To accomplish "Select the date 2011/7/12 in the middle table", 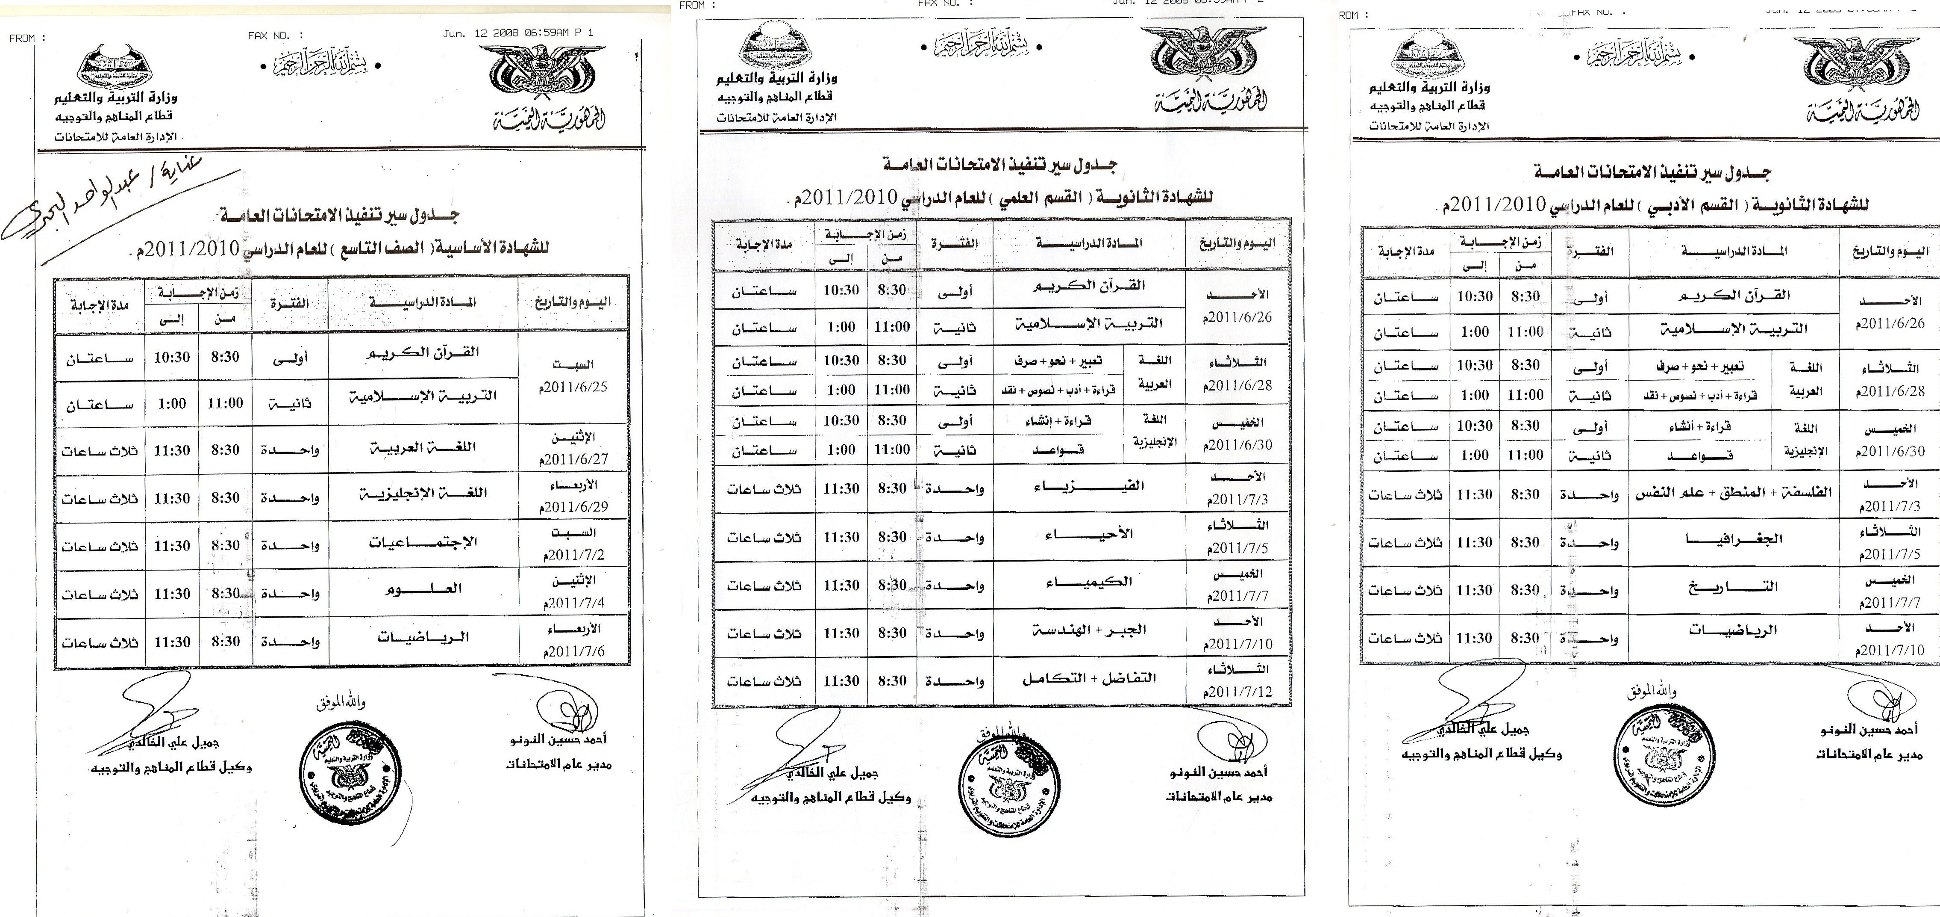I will [1238, 691].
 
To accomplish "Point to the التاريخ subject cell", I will [1733, 588].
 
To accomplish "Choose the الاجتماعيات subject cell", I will [423, 542].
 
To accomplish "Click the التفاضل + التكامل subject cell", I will [1088, 679].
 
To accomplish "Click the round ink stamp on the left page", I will [349, 777].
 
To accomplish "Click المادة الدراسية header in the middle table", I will [1088, 243].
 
